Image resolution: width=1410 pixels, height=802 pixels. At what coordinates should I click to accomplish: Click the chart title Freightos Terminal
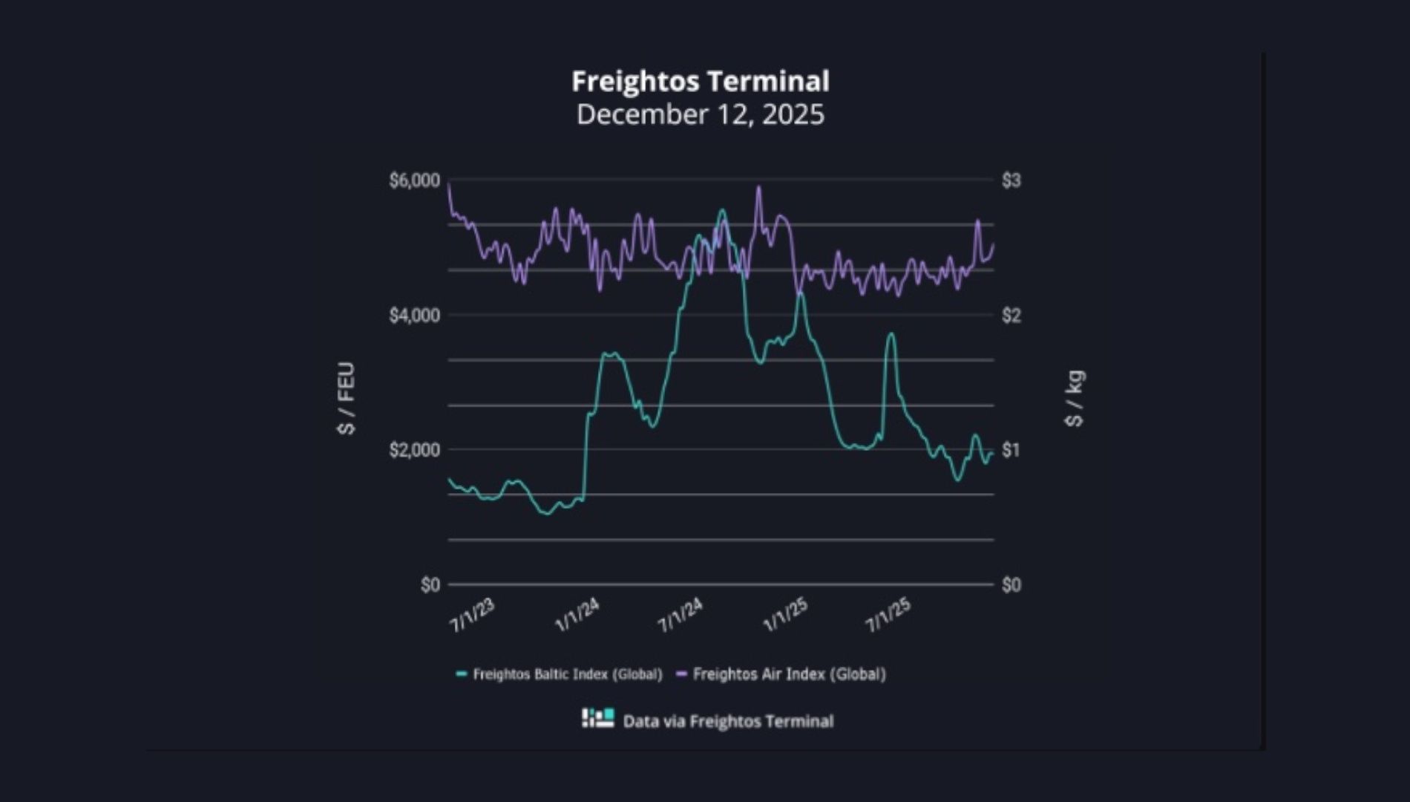coord(700,81)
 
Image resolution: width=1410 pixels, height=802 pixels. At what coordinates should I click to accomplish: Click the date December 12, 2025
coord(700,114)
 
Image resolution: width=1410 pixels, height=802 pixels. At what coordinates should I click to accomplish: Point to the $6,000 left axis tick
coord(414,180)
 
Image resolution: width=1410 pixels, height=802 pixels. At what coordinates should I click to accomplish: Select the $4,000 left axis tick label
coord(414,316)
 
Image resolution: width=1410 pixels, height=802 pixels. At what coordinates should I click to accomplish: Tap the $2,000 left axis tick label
coord(414,450)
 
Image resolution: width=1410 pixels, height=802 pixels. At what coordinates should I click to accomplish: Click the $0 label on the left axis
coord(430,585)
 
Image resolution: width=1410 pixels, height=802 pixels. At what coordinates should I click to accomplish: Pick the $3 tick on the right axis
coord(1011,180)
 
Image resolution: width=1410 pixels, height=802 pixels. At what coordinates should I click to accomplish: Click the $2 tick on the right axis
coord(1011,316)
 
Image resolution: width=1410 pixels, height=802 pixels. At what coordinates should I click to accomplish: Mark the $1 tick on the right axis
coord(1011,450)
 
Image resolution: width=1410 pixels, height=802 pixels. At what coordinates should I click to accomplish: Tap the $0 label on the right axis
coord(1011,585)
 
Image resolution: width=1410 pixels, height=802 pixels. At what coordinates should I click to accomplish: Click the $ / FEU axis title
coord(346,398)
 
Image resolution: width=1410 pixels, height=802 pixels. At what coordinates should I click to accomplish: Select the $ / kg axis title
coord(1074,398)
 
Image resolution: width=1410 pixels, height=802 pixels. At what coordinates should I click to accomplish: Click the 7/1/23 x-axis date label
coord(472,616)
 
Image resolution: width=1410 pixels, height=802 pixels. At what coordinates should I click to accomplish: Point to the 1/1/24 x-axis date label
coord(577,616)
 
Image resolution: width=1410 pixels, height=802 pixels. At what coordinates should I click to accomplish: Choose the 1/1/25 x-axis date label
coord(785,616)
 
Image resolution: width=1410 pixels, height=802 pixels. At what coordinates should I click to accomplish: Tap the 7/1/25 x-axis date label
coord(888,616)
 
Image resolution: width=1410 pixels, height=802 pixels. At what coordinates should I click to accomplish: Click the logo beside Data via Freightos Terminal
coord(597,718)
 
